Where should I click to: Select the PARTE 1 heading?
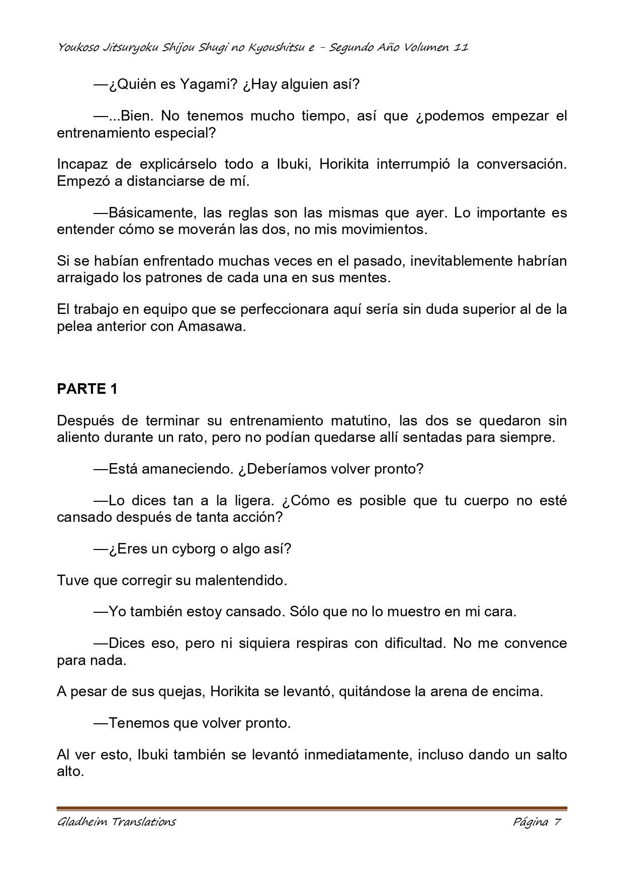tap(87, 389)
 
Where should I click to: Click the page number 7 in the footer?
tap(557, 822)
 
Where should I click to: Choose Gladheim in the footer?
tap(82, 822)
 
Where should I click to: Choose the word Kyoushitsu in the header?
tap(272, 48)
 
